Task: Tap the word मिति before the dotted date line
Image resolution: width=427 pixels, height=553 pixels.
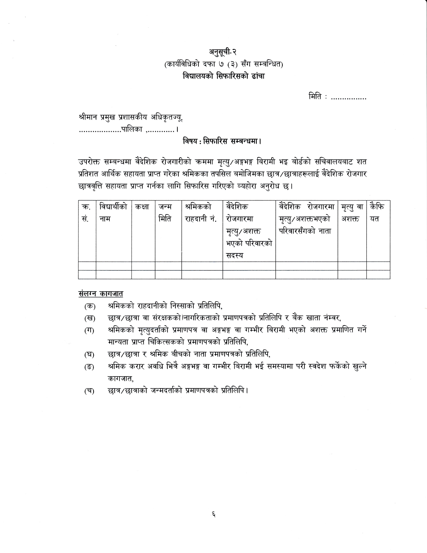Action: click(x=315, y=97)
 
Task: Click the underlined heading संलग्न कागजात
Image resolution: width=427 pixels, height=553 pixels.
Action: click(x=101, y=294)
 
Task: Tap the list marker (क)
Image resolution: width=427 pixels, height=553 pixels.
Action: click(x=90, y=306)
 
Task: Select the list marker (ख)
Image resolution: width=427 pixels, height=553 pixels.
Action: click(x=90, y=318)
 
